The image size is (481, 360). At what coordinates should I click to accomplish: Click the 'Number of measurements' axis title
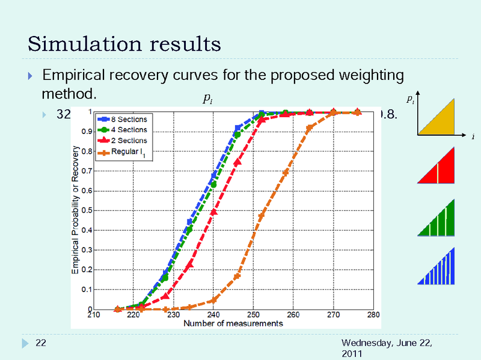pyautogui.click(x=233, y=324)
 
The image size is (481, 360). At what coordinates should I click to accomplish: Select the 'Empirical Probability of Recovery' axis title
pyautogui.click(x=75, y=211)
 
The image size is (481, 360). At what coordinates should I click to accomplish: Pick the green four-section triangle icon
pyautogui.click(x=438, y=218)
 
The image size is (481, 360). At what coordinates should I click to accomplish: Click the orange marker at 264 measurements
pyautogui.click(x=310, y=128)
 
